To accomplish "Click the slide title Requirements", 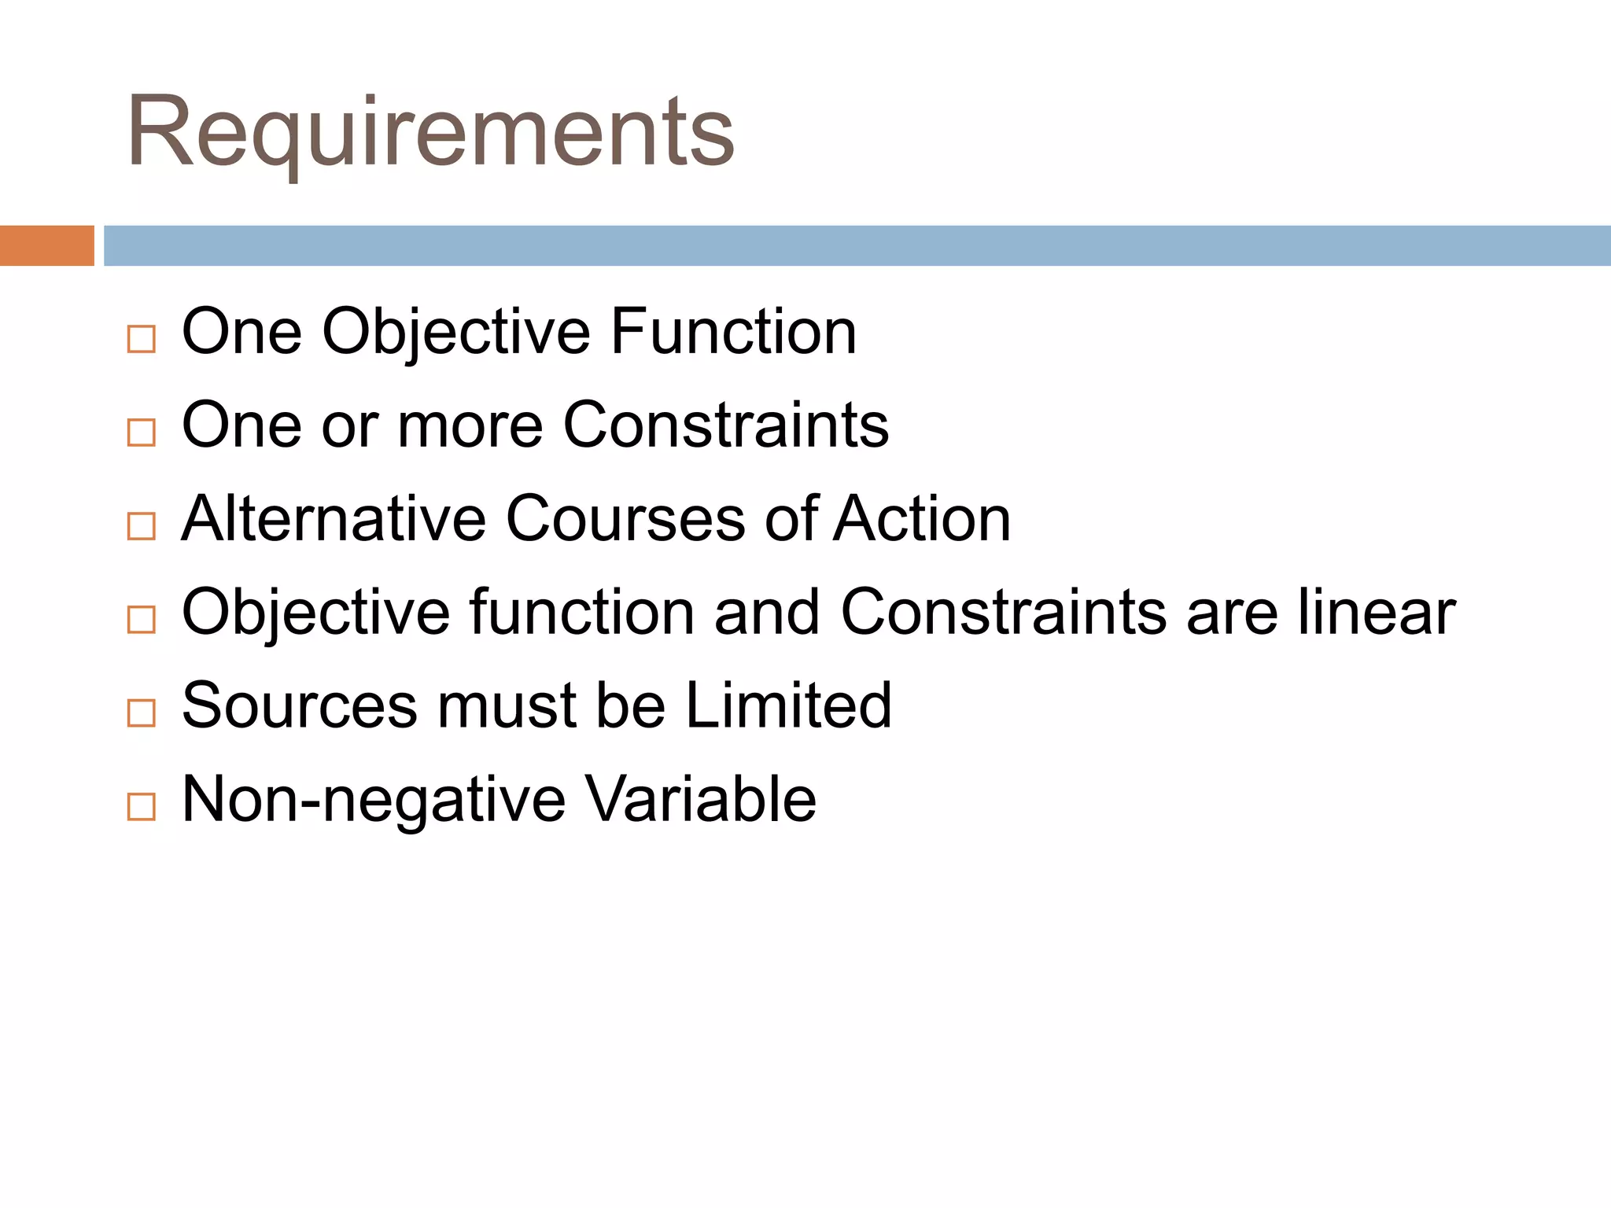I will [430, 132].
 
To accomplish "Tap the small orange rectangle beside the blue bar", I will [47, 245].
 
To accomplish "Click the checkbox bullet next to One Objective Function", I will [142, 339].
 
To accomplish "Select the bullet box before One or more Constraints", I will [142, 433].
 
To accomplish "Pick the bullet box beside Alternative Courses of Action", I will [142, 526].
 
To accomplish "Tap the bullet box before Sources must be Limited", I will [142, 713].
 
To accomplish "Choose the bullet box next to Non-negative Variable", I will [142, 806].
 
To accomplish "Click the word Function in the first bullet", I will [733, 332].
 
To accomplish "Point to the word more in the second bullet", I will [470, 425].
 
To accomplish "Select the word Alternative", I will [334, 519].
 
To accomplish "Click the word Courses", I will [625, 519].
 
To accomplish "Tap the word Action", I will [922, 519].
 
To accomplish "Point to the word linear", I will [1377, 613].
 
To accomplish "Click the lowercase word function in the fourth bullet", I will [581, 613].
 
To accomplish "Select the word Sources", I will [300, 705].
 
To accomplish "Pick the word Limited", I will [788, 705].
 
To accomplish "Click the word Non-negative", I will [373, 800].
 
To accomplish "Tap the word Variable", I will [701, 799].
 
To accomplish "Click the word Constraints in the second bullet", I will [725, 425].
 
